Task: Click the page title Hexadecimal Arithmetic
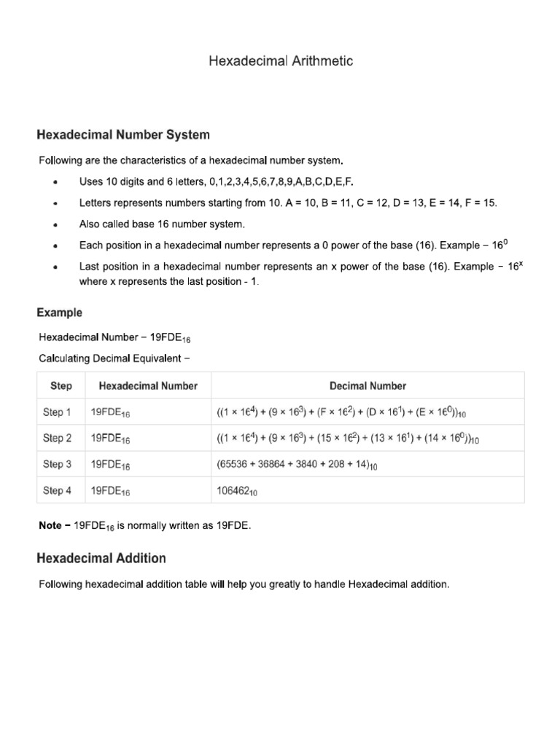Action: tap(281, 61)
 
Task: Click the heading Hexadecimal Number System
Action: tap(123, 135)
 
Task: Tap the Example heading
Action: tap(60, 313)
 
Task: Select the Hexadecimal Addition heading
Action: tap(101, 559)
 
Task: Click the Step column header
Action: tap(61, 386)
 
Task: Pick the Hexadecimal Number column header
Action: tap(148, 386)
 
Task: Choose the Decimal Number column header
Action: tap(367, 386)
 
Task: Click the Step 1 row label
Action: tap(58, 412)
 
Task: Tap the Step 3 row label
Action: tap(58, 464)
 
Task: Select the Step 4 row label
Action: tap(58, 490)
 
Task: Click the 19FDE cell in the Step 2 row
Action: tap(110, 439)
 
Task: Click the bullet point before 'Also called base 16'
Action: tap(56, 225)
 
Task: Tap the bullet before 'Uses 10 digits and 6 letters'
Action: tap(56, 182)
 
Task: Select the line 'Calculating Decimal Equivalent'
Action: tap(115, 357)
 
